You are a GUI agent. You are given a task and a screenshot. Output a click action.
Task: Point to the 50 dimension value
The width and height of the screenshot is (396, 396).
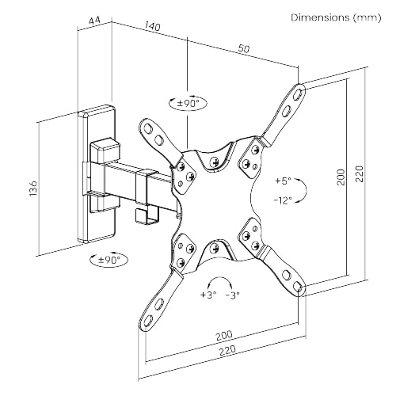point(243,49)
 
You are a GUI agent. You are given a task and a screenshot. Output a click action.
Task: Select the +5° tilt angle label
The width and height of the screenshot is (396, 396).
point(283,180)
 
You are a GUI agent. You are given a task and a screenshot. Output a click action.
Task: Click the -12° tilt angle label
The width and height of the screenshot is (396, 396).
point(283,200)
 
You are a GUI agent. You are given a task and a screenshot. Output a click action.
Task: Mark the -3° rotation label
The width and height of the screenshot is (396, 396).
point(233,296)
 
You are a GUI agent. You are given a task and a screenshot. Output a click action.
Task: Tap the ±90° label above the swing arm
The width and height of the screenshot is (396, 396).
point(188,102)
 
